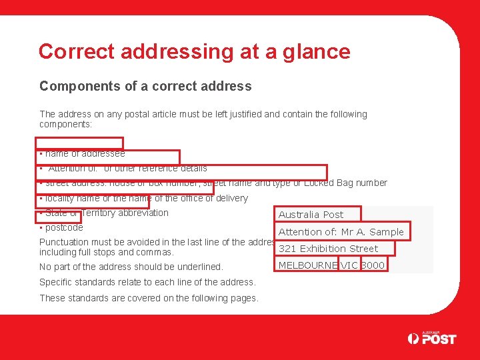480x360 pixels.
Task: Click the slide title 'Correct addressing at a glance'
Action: (194, 51)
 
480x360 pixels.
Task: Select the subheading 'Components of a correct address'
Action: (145, 86)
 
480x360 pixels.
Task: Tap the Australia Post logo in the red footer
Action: (432, 339)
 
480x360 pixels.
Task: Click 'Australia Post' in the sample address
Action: (311, 215)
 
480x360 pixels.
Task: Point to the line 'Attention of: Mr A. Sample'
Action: (341, 232)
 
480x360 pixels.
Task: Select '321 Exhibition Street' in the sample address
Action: (328, 249)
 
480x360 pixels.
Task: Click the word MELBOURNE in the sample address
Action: (307, 265)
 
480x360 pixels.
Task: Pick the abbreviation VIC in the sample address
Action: (349, 265)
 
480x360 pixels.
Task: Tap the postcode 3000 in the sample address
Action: (373, 265)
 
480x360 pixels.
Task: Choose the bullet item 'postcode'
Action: (64, 227)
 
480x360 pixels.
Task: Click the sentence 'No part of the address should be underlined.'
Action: (131, 267)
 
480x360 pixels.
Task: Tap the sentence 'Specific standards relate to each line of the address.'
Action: (147, 282)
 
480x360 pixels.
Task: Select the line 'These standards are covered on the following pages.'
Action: (149, 298)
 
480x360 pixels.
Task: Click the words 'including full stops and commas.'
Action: (107, 253)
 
